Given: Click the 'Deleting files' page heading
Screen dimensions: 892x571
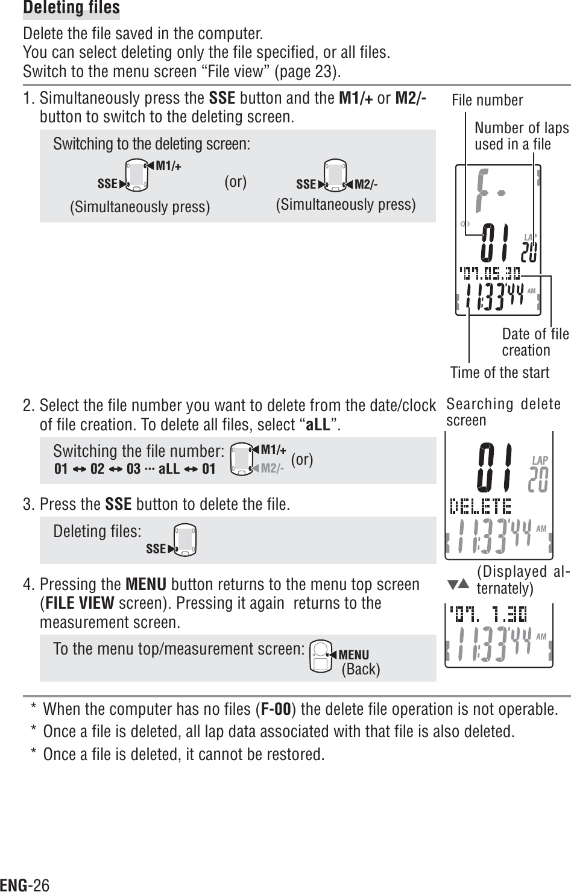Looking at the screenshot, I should coord(71,8).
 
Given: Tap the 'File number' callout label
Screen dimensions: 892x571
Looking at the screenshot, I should coord(487,100).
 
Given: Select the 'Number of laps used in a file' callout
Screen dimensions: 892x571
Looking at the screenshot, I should coord(522,136).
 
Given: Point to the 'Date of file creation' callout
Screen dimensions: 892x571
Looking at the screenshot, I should coord(535,342).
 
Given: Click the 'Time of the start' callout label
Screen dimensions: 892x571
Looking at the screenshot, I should coord(500,372).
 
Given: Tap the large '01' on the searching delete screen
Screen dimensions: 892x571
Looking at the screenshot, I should coord(494,468).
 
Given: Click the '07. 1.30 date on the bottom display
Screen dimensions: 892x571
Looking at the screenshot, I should coord(488,615).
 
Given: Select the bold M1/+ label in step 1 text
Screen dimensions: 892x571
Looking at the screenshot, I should coord(356,98).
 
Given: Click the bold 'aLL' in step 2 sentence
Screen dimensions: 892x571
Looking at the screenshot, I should coord(318,424).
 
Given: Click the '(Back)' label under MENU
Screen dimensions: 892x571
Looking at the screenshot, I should coord(361,670).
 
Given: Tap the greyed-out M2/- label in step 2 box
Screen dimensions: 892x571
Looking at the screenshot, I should coord(272,468).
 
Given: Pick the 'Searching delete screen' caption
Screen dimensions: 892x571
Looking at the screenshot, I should coord(503,412).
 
